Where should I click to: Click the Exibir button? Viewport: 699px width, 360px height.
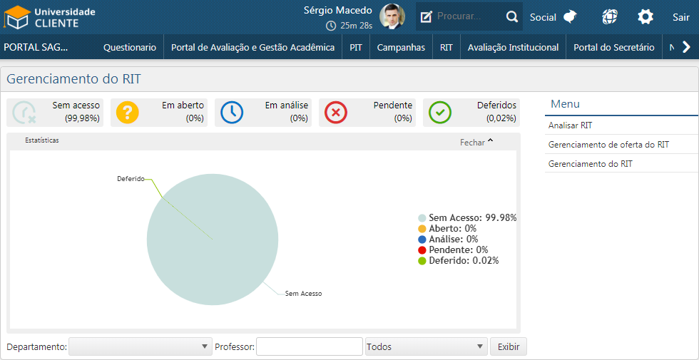coord(508,347)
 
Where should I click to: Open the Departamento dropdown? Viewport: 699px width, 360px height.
coord(139,347)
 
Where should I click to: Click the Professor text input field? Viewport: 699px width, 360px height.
coord(310,347)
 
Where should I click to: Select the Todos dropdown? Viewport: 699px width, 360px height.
coord(426,347)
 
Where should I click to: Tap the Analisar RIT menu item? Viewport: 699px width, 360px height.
coord(571,125)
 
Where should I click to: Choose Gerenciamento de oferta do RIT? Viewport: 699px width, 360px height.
coord(608,145)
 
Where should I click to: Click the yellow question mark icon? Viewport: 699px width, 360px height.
coord(128,113)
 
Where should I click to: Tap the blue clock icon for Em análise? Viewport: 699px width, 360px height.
coord(232,113)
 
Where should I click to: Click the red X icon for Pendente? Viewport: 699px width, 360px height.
coord(336,113)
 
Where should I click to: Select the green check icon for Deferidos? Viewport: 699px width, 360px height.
coord(440,113)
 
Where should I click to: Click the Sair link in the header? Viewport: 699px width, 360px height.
coord(680,17)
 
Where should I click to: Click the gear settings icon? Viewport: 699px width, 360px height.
coord(646,17)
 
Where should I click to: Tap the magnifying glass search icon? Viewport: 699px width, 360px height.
coord(512,16)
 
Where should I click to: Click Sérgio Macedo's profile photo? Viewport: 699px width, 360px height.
coord(392,16)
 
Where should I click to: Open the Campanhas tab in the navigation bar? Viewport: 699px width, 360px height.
coord(401,48)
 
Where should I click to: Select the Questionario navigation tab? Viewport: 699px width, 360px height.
coord(130,48)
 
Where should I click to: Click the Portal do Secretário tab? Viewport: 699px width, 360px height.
coord(613,48)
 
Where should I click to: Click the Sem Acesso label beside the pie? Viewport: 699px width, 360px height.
coord(304,293)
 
